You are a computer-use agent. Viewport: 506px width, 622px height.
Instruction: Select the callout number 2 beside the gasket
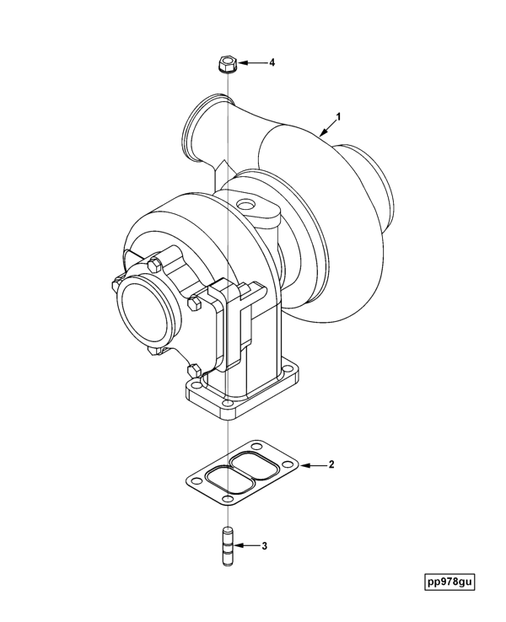coord(331,464)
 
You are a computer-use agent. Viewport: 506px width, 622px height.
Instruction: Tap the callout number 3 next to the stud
coord(264,546)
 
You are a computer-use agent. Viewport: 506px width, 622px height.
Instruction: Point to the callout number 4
coord(272,62)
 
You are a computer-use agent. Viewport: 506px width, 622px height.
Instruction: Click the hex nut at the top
coord(225,63)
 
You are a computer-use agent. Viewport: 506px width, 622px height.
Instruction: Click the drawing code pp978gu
coord(450,582)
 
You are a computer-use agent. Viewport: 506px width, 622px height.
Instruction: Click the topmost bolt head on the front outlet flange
coord(153,265)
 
